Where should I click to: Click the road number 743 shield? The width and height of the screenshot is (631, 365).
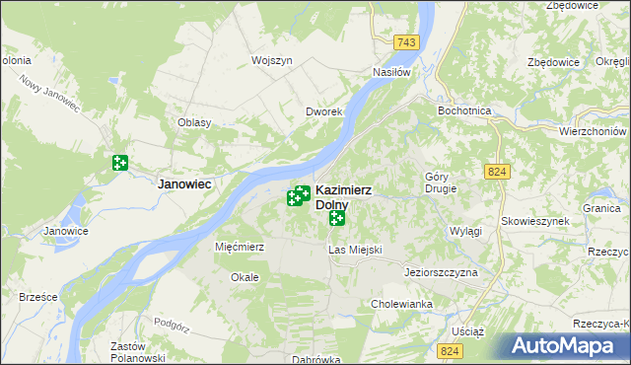(x=405, y=42)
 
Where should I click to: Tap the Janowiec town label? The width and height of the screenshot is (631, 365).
(x=187, y=183)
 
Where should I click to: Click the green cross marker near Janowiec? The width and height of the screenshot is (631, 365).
(x=120, y=163)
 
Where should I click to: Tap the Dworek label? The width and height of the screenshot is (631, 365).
(x=322, y=111)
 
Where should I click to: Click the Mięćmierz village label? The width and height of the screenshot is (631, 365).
(x=240, y=247)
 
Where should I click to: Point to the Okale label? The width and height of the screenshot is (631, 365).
(x=245, y=277)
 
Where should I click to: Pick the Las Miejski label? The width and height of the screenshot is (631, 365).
(x=354, y=251)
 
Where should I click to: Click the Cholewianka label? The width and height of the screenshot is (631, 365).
(x=401, y=304)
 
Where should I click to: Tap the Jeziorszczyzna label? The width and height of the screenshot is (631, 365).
(x=441, y=271)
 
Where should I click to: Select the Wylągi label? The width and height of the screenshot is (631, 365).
(x=465, y=231)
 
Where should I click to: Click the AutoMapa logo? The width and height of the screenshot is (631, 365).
(x=566, y=345)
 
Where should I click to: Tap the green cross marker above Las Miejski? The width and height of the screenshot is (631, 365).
(x=337, y=217)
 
